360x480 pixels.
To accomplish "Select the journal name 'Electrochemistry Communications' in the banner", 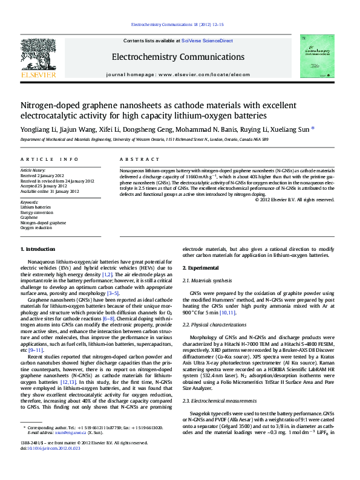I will pyautogui.click(x=177, y=57).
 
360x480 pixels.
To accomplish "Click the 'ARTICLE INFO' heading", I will pyautogui.click(x=50, y=159).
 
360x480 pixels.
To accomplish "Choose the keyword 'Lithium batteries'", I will pyautogui.click(x=36, y=207).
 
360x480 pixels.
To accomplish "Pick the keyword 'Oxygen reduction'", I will pyautogui.click(x=36, y=228).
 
